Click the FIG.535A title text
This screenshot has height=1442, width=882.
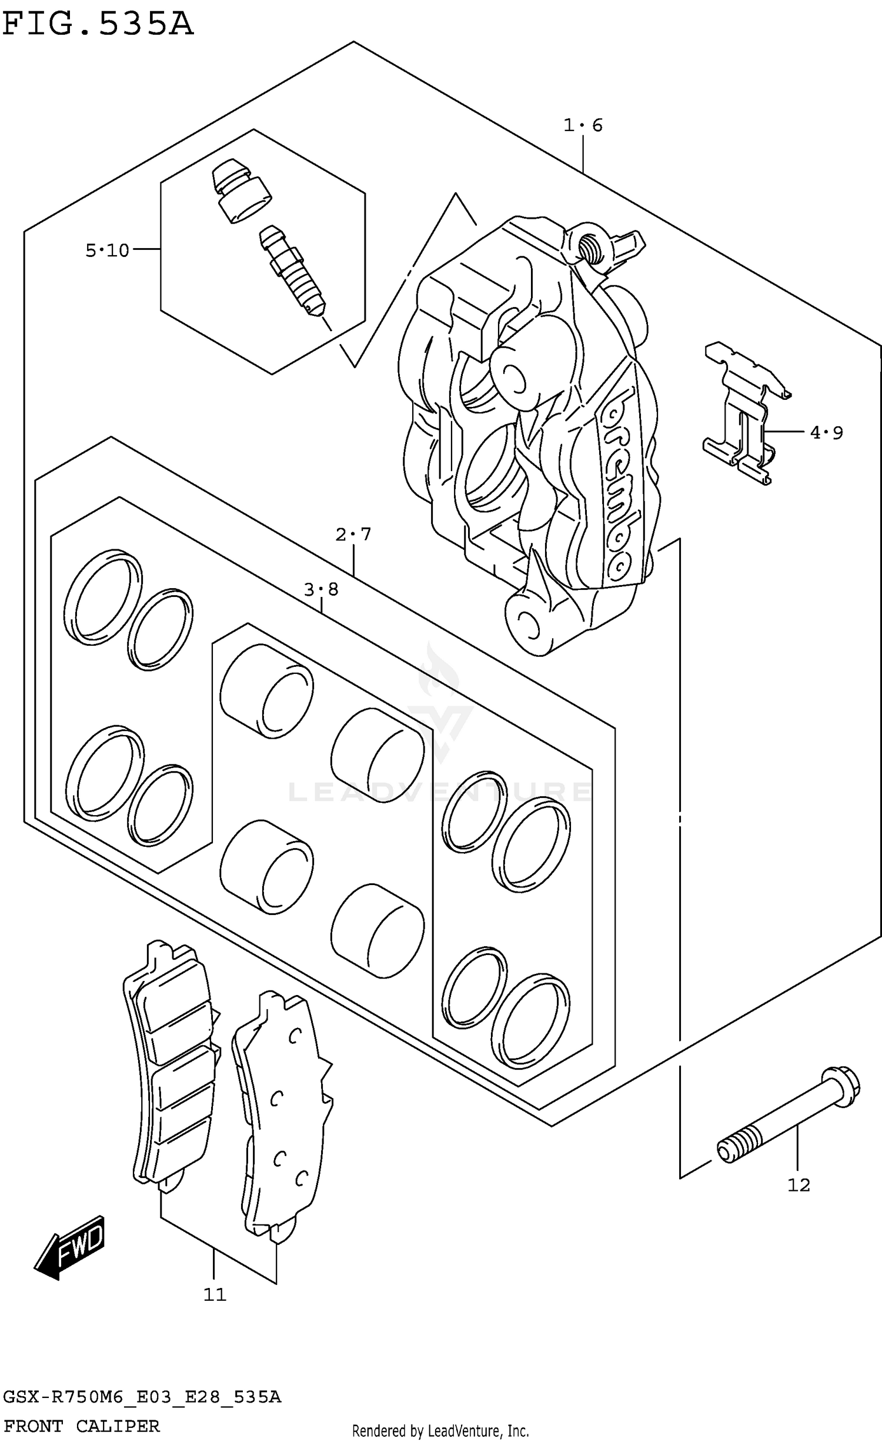tap(97, 25)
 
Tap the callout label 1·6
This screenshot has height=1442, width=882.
tap(583, 125)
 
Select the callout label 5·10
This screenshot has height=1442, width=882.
tap(107, 251)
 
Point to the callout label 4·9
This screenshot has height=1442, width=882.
tap(826, 433)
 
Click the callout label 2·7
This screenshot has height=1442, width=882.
tap(353, 534)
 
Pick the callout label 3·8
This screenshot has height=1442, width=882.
tap(321, 589)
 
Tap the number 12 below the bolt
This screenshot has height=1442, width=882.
tap(799, 1185)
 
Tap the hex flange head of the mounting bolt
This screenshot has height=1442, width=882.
tap(841, 1086)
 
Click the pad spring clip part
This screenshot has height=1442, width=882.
tap(744, 415)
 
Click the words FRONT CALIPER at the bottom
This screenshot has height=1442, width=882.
tap(82, 1426)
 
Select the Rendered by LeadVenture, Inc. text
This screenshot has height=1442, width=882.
tap(440, 1431)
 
